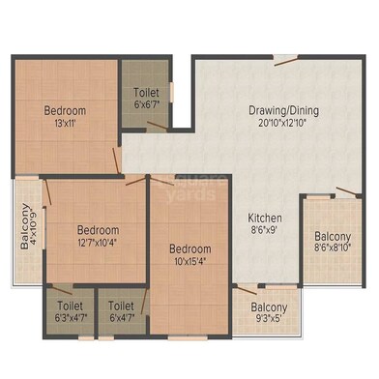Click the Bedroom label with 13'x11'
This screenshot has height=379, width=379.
tap(65, 110)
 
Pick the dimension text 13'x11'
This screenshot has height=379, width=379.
tap(65, 124)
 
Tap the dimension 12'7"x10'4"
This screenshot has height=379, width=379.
tap(99, 244)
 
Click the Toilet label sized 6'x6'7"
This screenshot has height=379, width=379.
tap(147, 93)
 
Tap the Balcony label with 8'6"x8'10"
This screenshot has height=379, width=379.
tap(332, 237)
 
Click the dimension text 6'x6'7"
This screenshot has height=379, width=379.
tap(147, 105)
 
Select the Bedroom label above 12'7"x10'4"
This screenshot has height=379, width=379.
tap(99, 230)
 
